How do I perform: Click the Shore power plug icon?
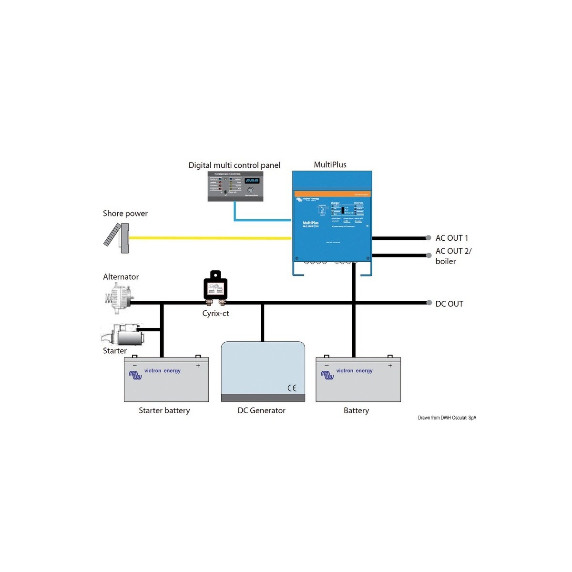click(117, 237)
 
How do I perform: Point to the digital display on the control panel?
click(252, 181)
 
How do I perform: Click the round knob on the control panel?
click(251, 190)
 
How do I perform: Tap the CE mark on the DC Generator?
click(292, 388)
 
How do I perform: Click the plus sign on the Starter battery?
click(198, 366)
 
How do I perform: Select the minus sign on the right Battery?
click(327, 366)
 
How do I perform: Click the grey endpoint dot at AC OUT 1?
click(428, 238)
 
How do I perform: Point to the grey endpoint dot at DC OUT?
click(428, 303)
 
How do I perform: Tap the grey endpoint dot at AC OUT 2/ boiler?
click(428, 255)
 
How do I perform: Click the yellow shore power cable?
click(210, 237)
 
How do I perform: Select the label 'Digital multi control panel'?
click(234, 165)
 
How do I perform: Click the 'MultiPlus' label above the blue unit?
click(330, 165)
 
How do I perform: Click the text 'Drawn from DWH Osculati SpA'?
click(447, 418)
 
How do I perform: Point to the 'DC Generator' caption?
click(261, 410)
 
